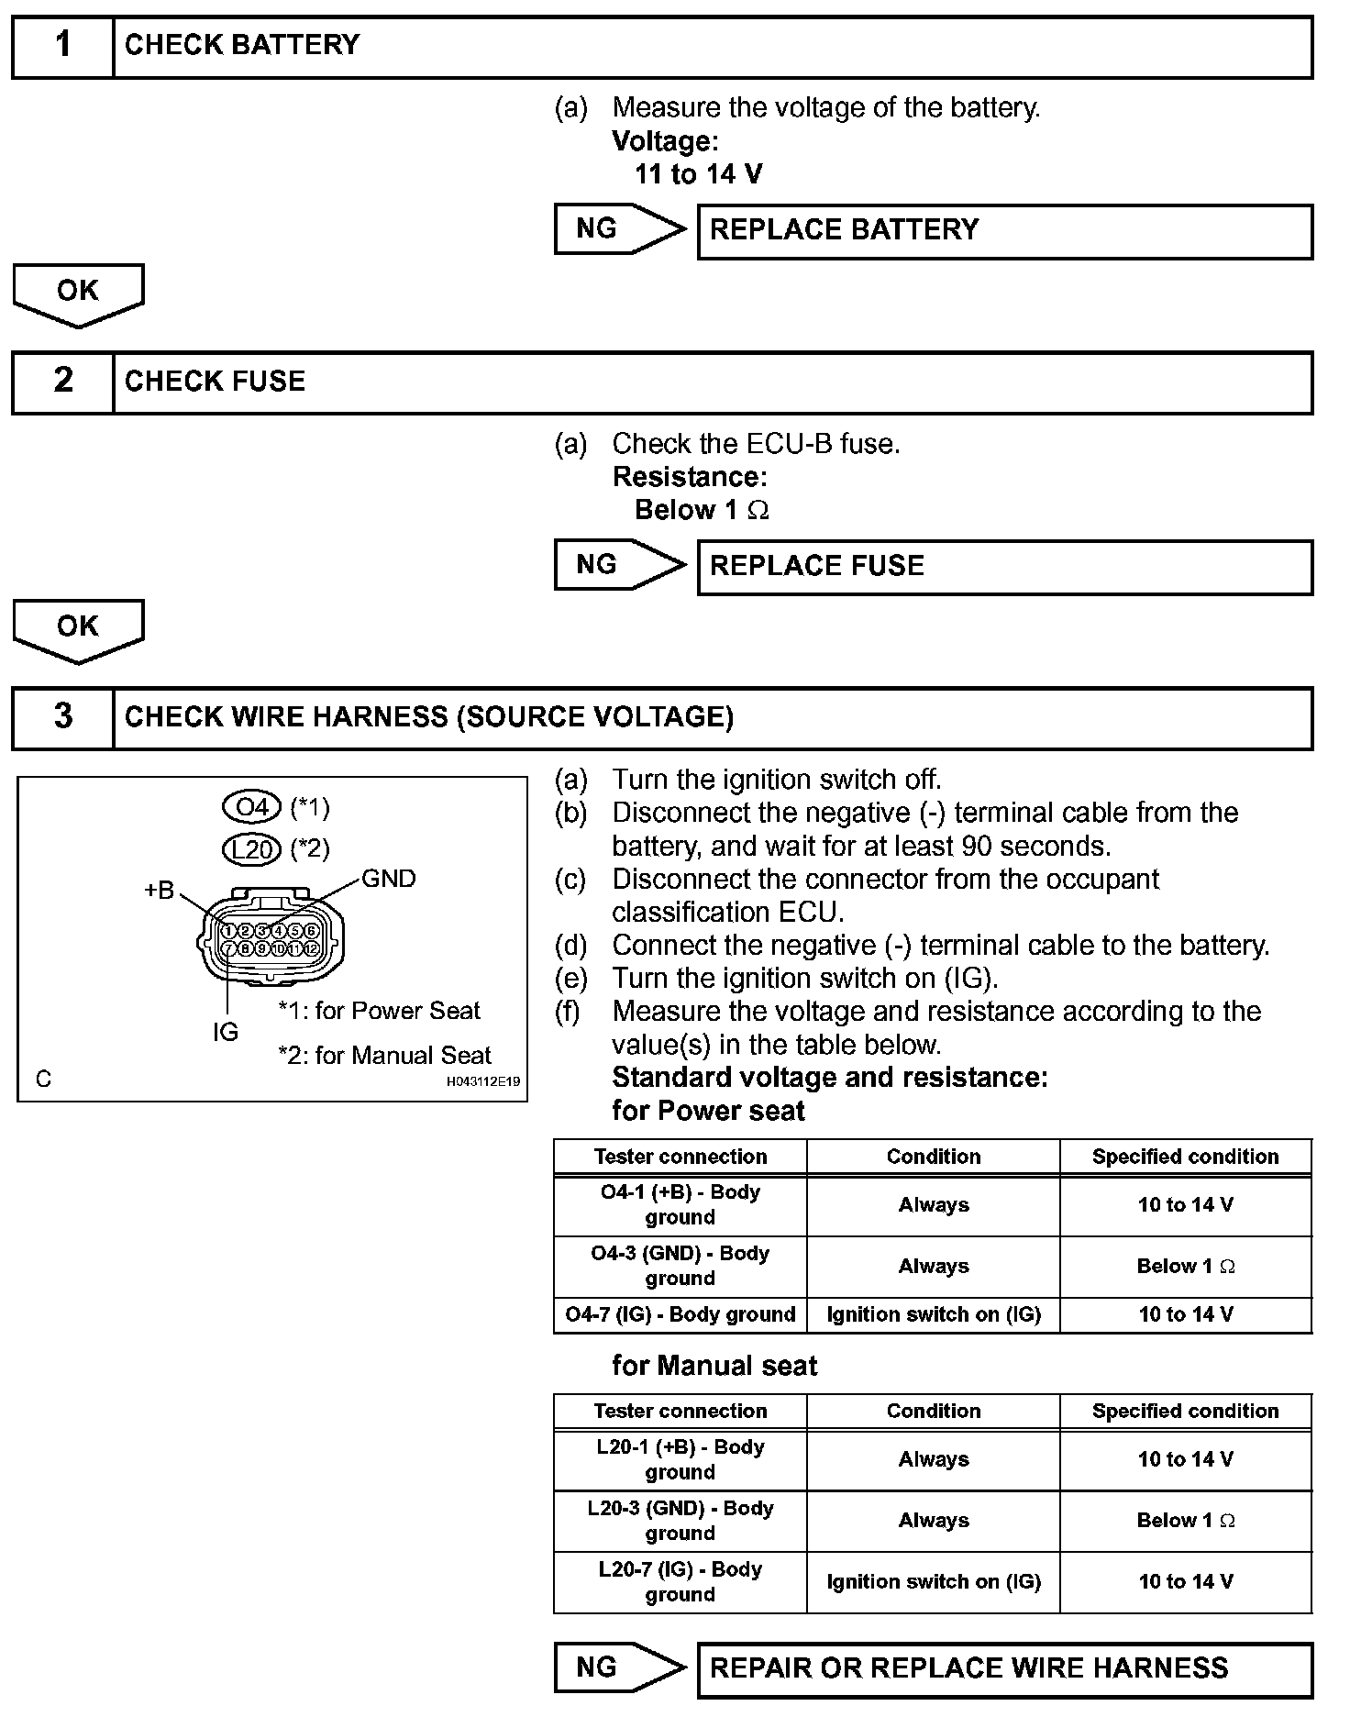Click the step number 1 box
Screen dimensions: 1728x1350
(x=62, y=46)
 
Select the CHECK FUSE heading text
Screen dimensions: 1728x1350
(x=215, y=382)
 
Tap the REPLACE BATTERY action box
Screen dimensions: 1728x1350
(x=1004, y=230)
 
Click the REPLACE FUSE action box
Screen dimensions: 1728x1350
(x=1004, y=567)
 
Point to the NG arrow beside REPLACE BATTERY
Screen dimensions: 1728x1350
(x=619, y=229)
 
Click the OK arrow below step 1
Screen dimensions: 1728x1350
(x=78, y=294)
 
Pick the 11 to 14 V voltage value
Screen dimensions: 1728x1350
(x=698, y=174)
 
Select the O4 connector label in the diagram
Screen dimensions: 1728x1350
(x=251, y=807)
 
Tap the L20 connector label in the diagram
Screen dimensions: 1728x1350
(x=251, y=849)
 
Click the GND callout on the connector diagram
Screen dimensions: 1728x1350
(x=389, y=879)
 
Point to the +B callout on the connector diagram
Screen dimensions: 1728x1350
(x=159, y=890)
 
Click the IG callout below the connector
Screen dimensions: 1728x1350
(x=225, y=1032)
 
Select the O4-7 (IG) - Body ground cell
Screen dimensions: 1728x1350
(x=680, y=1314)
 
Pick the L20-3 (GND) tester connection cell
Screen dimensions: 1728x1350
(x=680, y=1521)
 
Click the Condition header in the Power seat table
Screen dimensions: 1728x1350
(x=933, y=1157)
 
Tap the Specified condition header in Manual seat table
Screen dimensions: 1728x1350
(x=1185, y=1411)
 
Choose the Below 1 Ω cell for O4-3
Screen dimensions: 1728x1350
(x=1185, y=1267)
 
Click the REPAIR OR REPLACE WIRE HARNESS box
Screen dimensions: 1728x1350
(x=1004, y=1667)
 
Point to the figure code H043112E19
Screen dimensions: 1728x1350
(x=483, y=1081)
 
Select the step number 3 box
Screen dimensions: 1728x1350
(x=62, y=717)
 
